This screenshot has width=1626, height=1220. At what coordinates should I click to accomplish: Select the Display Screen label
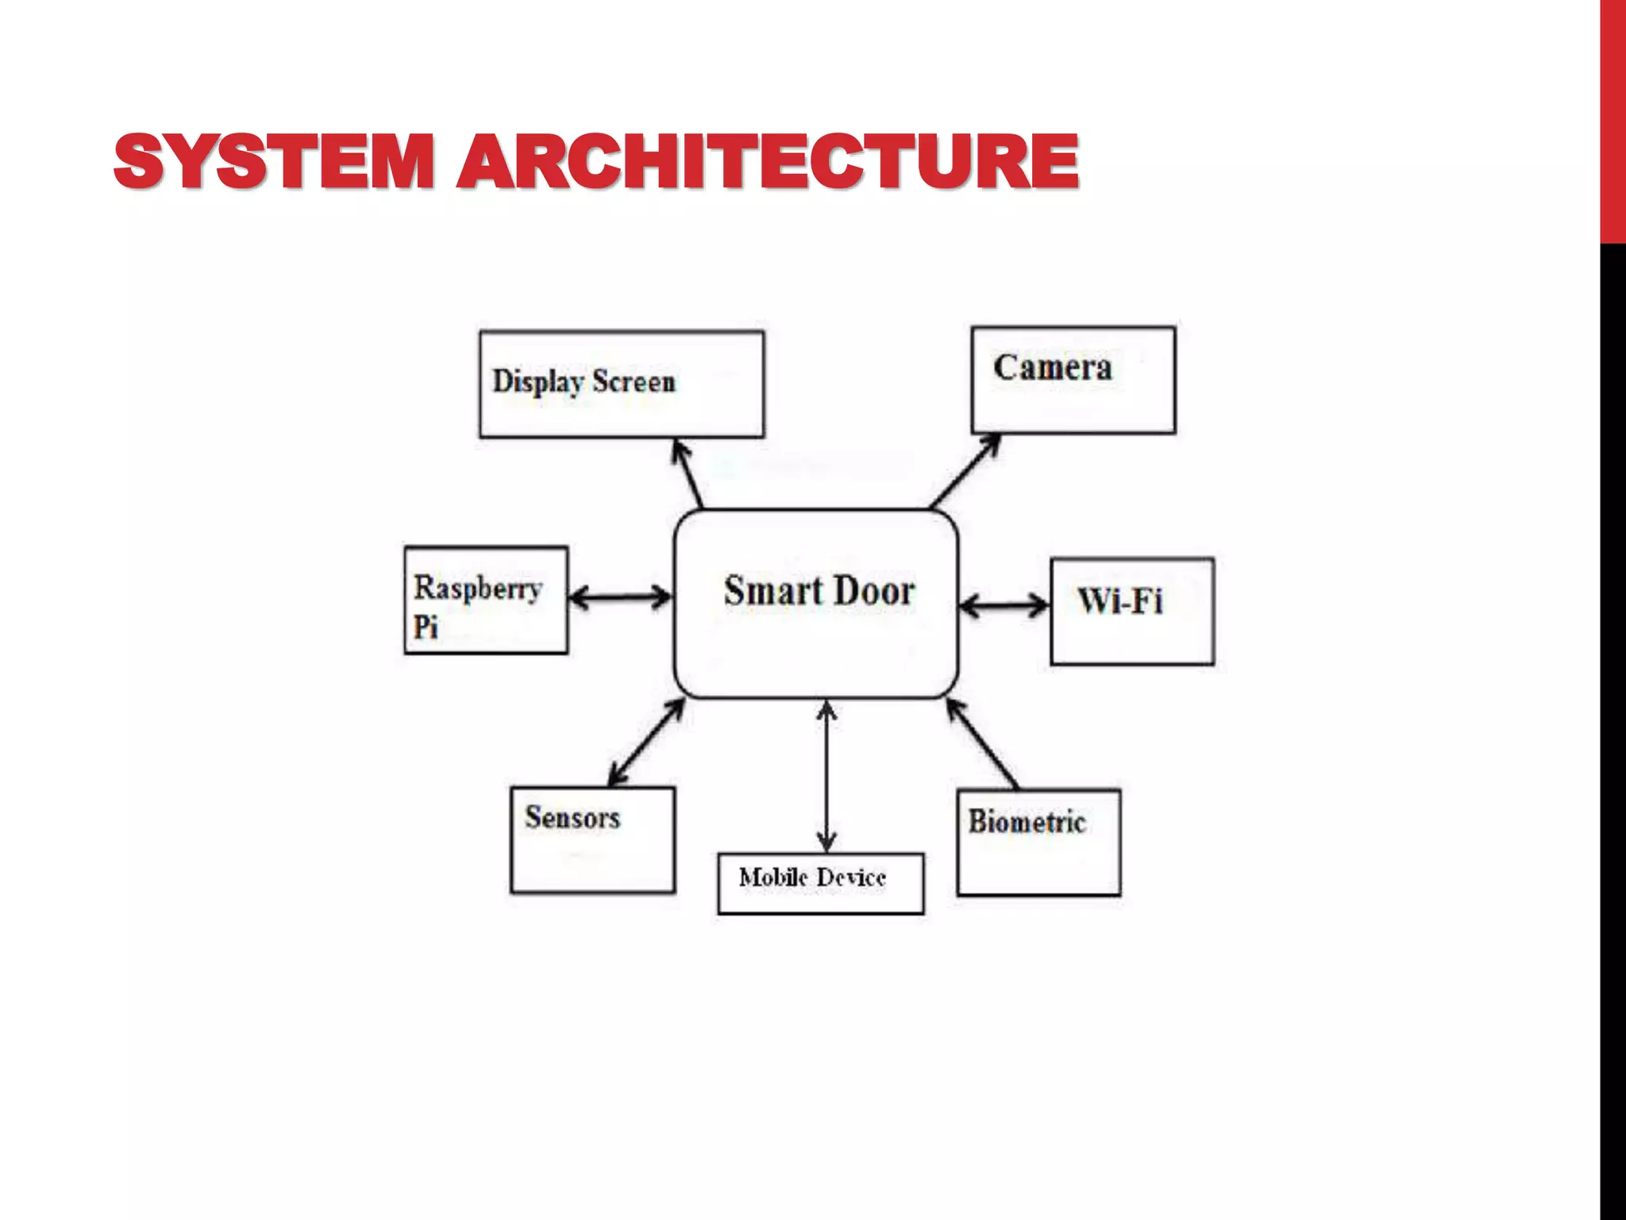584,382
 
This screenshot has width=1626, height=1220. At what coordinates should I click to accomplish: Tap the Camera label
1052,368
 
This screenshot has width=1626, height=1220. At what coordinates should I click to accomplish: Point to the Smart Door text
819,592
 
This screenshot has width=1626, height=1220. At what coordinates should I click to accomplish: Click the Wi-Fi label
1119,600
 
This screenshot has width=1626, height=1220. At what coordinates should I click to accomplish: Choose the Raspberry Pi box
486,600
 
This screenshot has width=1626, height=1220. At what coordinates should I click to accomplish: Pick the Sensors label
572,817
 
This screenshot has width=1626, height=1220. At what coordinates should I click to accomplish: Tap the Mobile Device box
820,883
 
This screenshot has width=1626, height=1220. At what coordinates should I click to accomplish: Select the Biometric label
1026,821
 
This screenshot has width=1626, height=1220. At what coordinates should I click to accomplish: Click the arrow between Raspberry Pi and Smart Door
620,596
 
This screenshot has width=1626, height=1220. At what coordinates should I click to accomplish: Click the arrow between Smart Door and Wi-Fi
1004,606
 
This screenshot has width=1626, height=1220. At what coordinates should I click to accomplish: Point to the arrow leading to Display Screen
688,473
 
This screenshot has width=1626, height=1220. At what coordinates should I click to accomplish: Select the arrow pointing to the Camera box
965,470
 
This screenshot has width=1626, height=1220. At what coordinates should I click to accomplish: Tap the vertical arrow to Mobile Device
826,776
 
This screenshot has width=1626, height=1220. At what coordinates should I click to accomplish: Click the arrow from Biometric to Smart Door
983,743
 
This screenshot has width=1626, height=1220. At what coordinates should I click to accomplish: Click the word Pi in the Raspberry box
426,627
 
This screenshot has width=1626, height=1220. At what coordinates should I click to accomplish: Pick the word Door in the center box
872,592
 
